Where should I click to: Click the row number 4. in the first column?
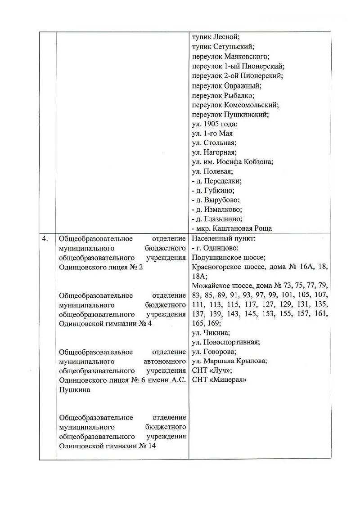click(x=45, y=239)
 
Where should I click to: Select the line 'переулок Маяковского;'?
click(x=230, y=57)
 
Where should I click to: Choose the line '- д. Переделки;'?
click(x=216, y=181)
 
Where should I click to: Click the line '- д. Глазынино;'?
click(x=217, y=219)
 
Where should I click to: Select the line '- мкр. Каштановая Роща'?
click(x=232, y=229)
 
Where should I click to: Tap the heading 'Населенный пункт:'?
click(x=223, y=239)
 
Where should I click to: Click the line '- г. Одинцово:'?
click(x=215, y=248)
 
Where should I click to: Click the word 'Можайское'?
click(x=211, y=286)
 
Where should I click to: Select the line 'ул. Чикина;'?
click(x=211, y=333)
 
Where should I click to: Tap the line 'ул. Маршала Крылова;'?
click(x=229, y=361)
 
